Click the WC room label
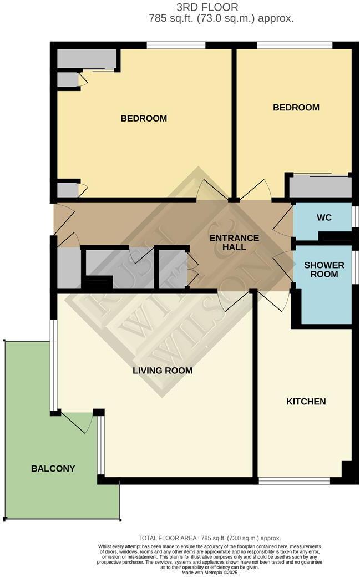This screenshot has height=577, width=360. (x=324, y=217)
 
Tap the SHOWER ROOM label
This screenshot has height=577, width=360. (x=324, y=270)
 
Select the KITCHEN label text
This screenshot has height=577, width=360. (x=306, y=401)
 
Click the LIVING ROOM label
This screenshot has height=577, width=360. (x=163, y=370)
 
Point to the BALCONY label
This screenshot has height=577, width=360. (x=53, y=468)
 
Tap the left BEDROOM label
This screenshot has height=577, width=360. (x=144, y=118)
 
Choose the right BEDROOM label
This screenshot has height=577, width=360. (x=296, y=108)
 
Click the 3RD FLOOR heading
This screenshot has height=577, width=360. (x=207, y=7)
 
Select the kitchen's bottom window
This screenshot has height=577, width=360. (x=295, y=481)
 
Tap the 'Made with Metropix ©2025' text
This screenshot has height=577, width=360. (x=210, y=572)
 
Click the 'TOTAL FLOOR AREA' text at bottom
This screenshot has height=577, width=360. (x=210, y=538)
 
